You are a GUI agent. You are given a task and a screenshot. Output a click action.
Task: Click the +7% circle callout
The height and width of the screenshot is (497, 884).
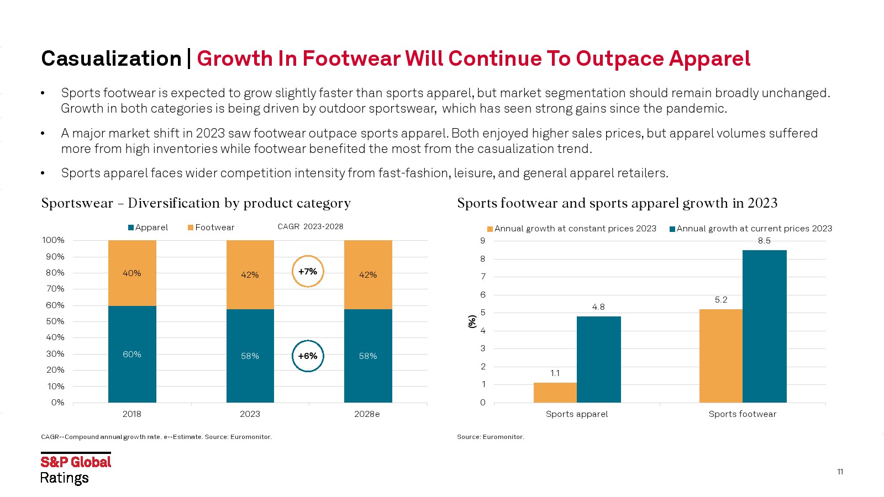pos(308,271)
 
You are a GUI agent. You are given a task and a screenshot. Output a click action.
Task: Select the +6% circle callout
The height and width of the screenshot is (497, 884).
pos(308,356)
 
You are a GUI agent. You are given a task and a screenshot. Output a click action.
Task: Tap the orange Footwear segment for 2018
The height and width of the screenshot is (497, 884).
pos(132,273)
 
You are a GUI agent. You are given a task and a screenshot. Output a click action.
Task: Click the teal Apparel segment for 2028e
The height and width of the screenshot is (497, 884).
pos(368,356)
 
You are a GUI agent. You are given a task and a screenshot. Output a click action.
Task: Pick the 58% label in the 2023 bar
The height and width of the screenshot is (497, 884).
pos(250,356)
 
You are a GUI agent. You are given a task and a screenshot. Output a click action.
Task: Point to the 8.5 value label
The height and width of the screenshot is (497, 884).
pos(764,241)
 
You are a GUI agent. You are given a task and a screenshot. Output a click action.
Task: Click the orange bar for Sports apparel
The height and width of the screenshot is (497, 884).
pos(555,392)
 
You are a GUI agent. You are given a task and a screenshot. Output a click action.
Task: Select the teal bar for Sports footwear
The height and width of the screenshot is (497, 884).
pos(764,326)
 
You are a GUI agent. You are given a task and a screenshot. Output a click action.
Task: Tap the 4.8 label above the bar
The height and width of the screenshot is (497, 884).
pos(598,307)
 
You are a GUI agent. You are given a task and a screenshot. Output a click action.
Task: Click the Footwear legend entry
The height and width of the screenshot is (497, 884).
pos(211,228)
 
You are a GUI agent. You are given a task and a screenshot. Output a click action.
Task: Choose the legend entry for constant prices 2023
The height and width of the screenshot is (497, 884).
pos(572,229)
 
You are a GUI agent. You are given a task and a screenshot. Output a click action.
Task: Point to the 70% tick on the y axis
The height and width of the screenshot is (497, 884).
pos(55,289)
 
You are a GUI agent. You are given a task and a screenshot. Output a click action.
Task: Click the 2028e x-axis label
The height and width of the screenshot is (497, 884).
pos(367,414)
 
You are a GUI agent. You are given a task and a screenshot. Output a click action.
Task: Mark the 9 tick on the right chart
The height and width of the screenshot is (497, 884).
pos(483,241)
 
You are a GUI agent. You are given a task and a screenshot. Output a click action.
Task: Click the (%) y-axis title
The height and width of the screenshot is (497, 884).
pos(472,321)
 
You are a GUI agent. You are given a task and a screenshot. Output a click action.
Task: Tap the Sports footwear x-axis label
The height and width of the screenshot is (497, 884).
pos(743,414)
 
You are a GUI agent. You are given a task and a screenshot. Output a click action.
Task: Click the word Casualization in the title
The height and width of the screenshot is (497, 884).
pos(112,59)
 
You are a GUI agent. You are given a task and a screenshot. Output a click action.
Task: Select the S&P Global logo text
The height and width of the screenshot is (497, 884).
pos(76,462)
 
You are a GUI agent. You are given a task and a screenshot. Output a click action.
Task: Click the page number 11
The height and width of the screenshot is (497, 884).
pos(840,472)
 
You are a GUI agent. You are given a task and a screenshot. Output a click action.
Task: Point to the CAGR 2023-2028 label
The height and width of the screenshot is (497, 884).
pos(311,226)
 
